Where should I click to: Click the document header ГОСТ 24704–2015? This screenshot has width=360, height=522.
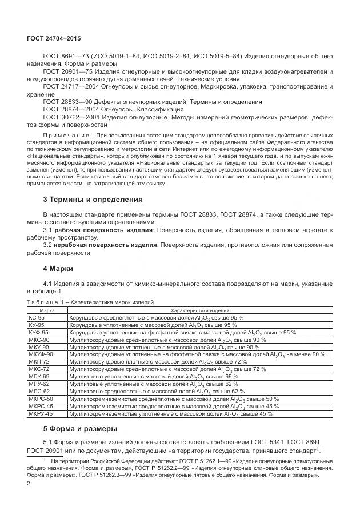point(55,38)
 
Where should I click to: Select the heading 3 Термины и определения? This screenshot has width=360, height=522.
point(93,200)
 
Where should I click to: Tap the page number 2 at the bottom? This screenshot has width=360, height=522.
point(29,484)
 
